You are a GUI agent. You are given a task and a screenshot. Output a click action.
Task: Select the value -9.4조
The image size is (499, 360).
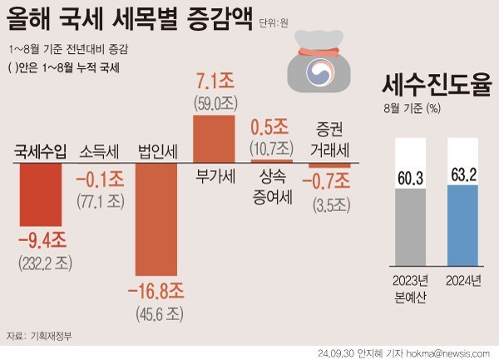42,241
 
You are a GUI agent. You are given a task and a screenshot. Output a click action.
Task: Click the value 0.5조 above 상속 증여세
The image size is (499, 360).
271,128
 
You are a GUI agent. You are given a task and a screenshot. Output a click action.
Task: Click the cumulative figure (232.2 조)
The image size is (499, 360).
42,262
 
